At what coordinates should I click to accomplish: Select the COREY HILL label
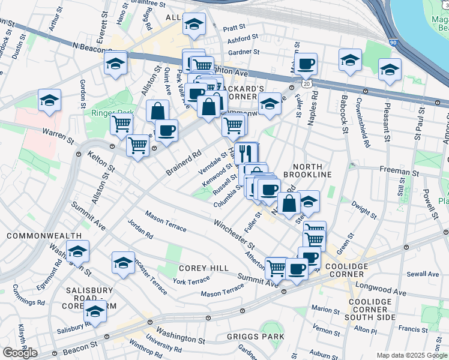(202, 268)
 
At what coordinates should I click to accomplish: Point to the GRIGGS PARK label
(255, 337)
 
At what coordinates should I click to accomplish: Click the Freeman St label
(396, 170)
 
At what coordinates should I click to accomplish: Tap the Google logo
(20, 352)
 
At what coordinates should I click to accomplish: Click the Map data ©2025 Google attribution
(412, 355)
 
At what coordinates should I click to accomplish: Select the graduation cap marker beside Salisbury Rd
(94, 311)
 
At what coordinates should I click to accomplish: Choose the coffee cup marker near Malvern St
(306, 64)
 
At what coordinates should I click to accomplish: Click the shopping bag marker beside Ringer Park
(157, 111)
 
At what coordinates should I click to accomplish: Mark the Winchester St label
(234, 233)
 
